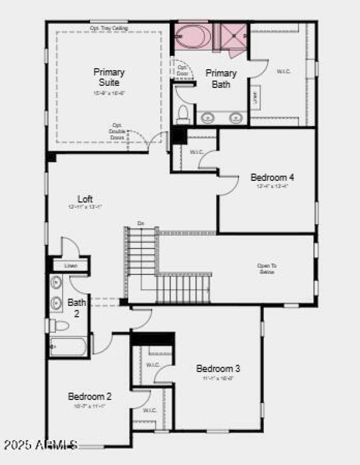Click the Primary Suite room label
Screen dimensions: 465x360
click(x=109, y=77)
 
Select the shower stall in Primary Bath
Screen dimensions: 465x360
click(x=234, y=36)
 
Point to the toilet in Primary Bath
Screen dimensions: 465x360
click(x=183, y=114)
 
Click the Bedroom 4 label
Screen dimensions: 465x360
click(x=272, y=177)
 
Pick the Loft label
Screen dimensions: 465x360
click(x=85, y=199)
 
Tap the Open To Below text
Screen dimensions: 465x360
click(x=266, y=269)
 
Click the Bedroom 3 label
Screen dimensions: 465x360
click(x=218, y=369)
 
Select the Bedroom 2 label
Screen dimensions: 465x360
click(x=90, y=397)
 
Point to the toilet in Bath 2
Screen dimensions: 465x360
click(x=59, y=325)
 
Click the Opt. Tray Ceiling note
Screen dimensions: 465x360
click(x=109, y=28)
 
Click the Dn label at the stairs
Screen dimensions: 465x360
click(x=141, y=224)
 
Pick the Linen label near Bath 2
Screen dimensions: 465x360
click(x=71, y=266)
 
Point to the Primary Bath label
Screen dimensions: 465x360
click(x=221, y=79)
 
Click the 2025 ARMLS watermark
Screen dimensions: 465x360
click(x=40, y=445)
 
